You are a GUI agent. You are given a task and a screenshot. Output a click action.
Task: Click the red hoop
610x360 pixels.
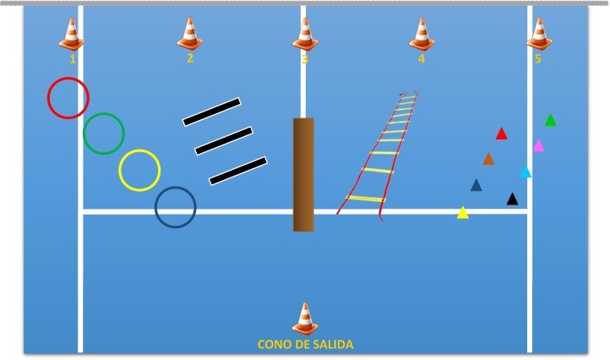point(48,98)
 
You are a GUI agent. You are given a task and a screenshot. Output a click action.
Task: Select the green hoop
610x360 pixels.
point(84,134)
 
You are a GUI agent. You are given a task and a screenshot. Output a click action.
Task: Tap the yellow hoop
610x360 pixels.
point(119,171)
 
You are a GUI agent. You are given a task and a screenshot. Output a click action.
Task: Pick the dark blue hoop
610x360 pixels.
point(155,207)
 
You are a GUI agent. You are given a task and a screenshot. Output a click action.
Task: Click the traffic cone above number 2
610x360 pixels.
point(189,34)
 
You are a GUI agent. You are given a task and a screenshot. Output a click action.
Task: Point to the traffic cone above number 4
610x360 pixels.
point(422,35)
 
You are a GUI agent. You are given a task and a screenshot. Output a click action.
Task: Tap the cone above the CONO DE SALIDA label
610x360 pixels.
point(305,319)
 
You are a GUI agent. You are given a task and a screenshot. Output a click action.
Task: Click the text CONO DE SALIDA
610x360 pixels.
point(305,345)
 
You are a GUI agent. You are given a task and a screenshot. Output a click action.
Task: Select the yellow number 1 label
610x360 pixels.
point(73,59)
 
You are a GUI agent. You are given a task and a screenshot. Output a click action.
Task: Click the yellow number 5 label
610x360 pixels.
point(537,59)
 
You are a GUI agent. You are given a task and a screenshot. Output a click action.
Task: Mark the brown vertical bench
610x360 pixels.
point(303,175)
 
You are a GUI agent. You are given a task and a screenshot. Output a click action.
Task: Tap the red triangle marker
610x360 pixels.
point(502,134)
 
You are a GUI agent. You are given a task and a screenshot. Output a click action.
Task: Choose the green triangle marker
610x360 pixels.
point(551,120)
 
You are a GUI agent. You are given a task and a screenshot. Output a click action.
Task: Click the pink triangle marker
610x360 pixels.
point(538,145)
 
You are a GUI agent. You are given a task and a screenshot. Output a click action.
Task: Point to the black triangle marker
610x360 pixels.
point(512,199)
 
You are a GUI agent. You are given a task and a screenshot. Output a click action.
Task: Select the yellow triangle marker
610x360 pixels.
point(462,212)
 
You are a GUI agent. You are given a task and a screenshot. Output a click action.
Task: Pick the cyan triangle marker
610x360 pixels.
point(526,172)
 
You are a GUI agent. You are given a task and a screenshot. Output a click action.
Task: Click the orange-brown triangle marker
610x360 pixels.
point(488,159)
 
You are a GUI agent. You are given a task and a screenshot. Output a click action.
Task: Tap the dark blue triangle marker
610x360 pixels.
point(477,185)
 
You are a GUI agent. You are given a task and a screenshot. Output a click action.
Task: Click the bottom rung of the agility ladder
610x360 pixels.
point(365,199)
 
